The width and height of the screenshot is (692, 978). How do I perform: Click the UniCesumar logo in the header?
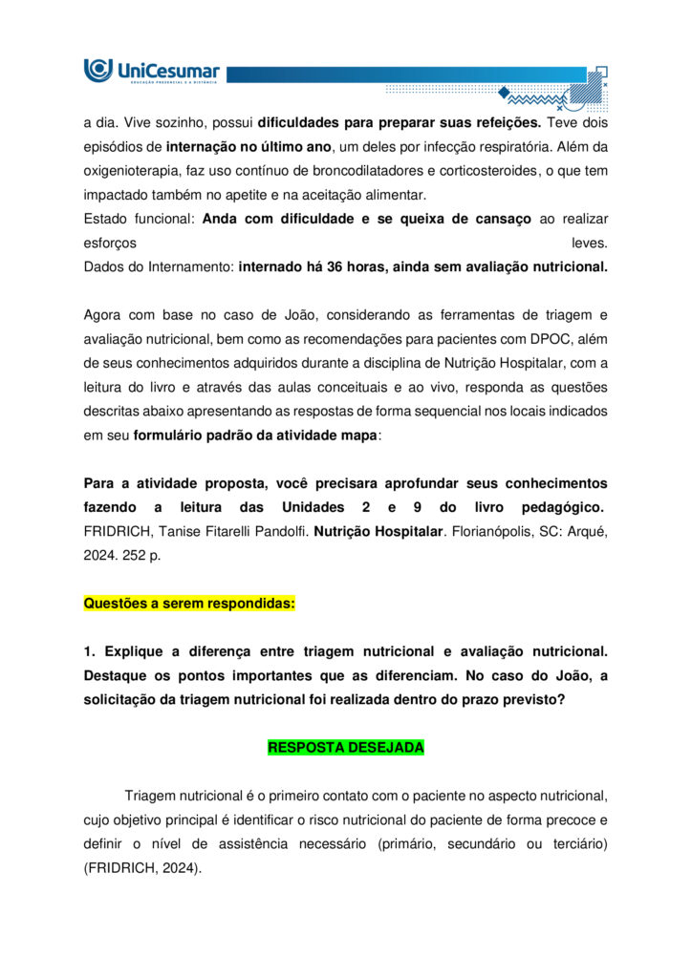152,71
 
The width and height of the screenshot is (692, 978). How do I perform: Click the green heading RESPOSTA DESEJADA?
345,748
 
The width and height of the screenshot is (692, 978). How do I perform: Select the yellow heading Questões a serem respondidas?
189,604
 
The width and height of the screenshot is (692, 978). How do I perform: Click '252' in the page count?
125,554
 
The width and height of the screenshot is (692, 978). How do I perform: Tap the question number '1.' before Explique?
91,651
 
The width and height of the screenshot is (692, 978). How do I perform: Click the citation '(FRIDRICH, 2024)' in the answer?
143,868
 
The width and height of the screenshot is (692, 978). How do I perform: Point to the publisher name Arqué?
586,530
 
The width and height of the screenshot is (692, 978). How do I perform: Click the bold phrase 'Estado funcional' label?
140,219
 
